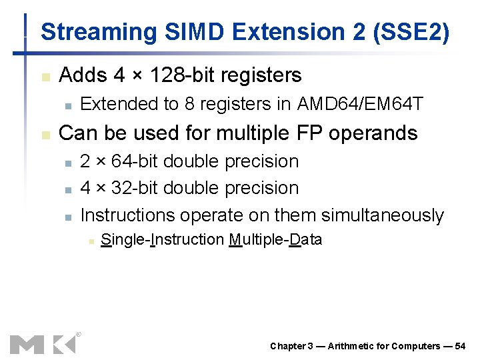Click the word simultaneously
point(382,215)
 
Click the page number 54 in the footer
point(460,346)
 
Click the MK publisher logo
point(43,343)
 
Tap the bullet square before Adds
point(45,77)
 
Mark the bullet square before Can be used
point(45,135)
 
